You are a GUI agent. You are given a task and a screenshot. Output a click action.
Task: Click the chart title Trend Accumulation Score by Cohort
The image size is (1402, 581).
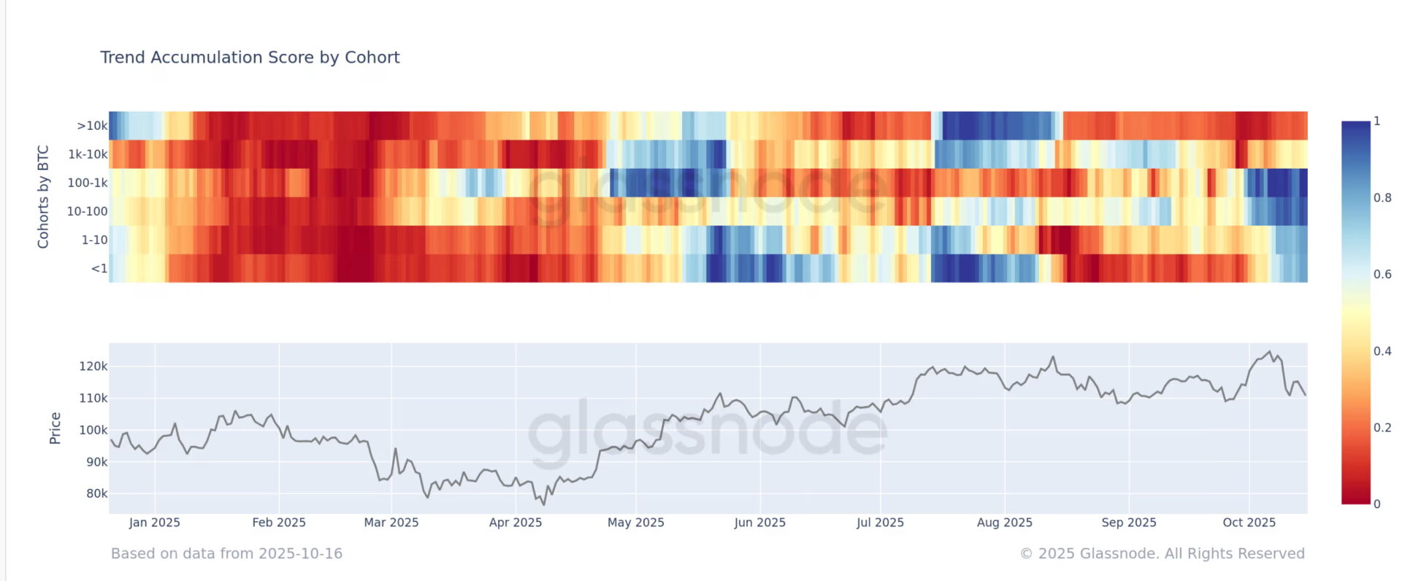(250, 58)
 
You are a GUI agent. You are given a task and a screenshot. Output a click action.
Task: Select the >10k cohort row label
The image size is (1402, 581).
(92, 126)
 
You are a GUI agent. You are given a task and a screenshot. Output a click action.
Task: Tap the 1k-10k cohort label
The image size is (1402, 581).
(88, 154)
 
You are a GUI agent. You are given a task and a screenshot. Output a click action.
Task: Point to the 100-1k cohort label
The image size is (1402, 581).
(88, 182)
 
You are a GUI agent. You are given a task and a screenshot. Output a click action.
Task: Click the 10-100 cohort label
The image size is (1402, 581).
(87, 211)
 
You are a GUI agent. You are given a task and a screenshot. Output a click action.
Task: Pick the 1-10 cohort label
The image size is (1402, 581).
(94, 239)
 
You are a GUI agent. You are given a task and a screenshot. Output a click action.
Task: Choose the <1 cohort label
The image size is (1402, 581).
(99, 269)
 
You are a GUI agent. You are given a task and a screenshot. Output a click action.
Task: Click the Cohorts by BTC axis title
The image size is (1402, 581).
(43, 197)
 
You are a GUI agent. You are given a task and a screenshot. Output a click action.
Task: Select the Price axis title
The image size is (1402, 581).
(55, 428)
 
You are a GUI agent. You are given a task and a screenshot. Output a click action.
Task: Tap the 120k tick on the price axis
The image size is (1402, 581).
(93, 366)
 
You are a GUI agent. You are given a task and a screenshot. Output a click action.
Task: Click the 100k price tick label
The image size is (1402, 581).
(93, 430)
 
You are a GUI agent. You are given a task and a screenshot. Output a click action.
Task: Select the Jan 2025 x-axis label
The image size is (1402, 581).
(154, 523)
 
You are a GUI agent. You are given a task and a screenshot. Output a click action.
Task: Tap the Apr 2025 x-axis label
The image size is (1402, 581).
(516, 523)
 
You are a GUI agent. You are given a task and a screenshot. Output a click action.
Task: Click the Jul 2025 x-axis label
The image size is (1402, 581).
(880, 523)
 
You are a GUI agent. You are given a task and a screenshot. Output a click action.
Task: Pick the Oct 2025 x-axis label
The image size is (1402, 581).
(1249, 523)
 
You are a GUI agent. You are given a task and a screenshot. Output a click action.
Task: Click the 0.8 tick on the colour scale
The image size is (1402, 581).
(1382, 198)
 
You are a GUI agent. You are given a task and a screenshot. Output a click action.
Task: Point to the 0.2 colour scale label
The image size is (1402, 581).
(1382, 428)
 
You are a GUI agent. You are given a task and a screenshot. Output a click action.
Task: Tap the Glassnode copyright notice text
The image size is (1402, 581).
(1162, 554)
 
